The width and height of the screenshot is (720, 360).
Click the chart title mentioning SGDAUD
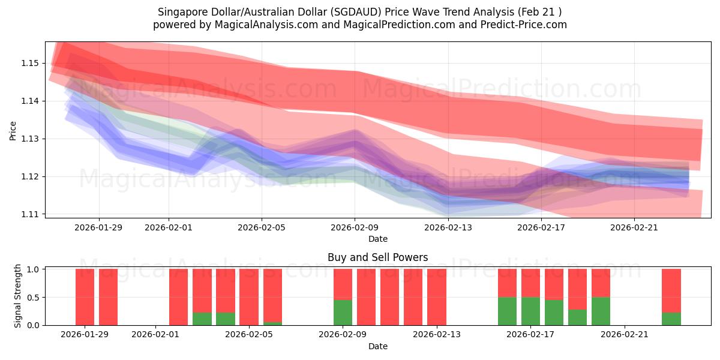coord(360,11)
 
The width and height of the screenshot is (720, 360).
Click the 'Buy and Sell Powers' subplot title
coord(377,257)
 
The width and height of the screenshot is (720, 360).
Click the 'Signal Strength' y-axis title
coord(18,296)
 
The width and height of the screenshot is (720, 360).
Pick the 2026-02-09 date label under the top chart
coord(355,227)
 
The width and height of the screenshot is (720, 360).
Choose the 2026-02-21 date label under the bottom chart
coord(625,335)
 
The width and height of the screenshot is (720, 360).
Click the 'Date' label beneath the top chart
coord(377,239)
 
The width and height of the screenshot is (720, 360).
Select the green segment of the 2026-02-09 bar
coord(343,312)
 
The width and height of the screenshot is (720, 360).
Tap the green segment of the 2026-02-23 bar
coord(671,319)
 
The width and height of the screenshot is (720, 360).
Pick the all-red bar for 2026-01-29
coord(85,297)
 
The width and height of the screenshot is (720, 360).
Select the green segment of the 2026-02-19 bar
coord(577,317)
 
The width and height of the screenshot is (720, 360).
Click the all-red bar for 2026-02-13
coord(436,297)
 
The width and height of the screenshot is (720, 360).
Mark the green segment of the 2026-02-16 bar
coord(507,311)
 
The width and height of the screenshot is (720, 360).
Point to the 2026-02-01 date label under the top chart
coord(169,227)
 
